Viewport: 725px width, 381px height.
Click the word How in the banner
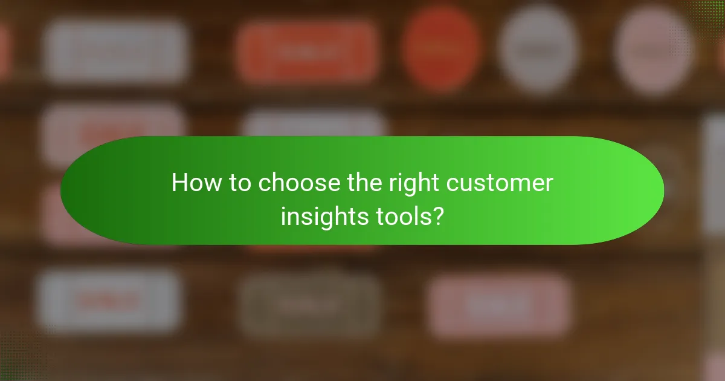[x=192, y=183]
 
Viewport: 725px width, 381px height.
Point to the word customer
[x=506, y=183]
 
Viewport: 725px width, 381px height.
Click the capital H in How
[x=179, y=183]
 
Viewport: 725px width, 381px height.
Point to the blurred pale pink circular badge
[x=654, y=50]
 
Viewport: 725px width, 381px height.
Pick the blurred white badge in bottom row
[x=109, y=301]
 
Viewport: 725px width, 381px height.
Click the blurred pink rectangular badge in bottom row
[x=499, y=305]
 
